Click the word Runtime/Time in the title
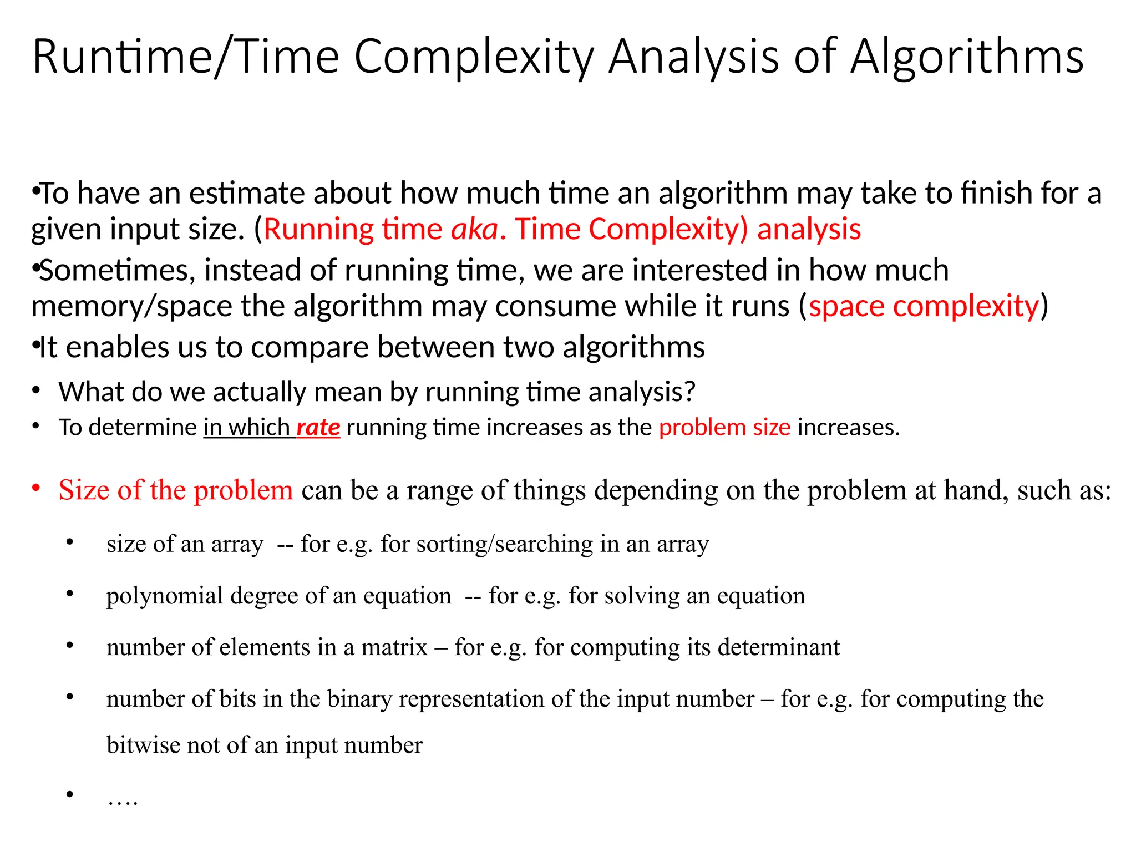pyautogui.click(x=186, y=57)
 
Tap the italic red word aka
pyautogui.click(x=474, y=229)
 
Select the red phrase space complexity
pyautogui.click(x=924, y=306)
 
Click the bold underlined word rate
pyautogui.click(x=318, y=427)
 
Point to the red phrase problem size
pyautogui.click(x=724, y=427)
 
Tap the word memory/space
pyautogui.click(x=131, y=306)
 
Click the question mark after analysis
pyautogui.click(x=689, y=392)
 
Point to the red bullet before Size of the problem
pyautogui.click(x=36, y=489)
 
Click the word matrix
pyautogui.click(x=394, y=647)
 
